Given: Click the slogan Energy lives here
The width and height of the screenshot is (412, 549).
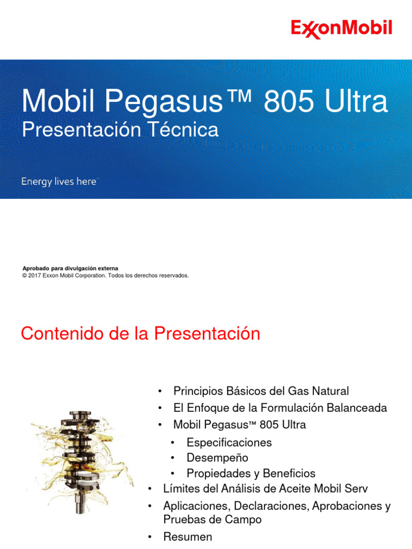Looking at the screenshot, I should tap(58, 182).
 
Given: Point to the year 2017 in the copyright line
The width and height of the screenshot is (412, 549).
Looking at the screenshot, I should tap(35, 276).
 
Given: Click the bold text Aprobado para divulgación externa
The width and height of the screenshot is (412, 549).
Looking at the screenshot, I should tap(70, 268).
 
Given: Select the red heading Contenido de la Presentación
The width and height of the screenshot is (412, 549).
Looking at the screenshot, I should tap(140, 334).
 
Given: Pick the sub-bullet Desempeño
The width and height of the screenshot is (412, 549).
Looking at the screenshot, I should tap(217, 458).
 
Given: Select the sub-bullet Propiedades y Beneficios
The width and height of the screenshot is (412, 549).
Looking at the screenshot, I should tap(251, 473).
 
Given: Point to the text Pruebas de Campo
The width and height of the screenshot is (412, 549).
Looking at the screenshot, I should tap(212, 520).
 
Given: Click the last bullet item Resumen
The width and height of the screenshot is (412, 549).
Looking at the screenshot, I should tap(187, 537).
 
